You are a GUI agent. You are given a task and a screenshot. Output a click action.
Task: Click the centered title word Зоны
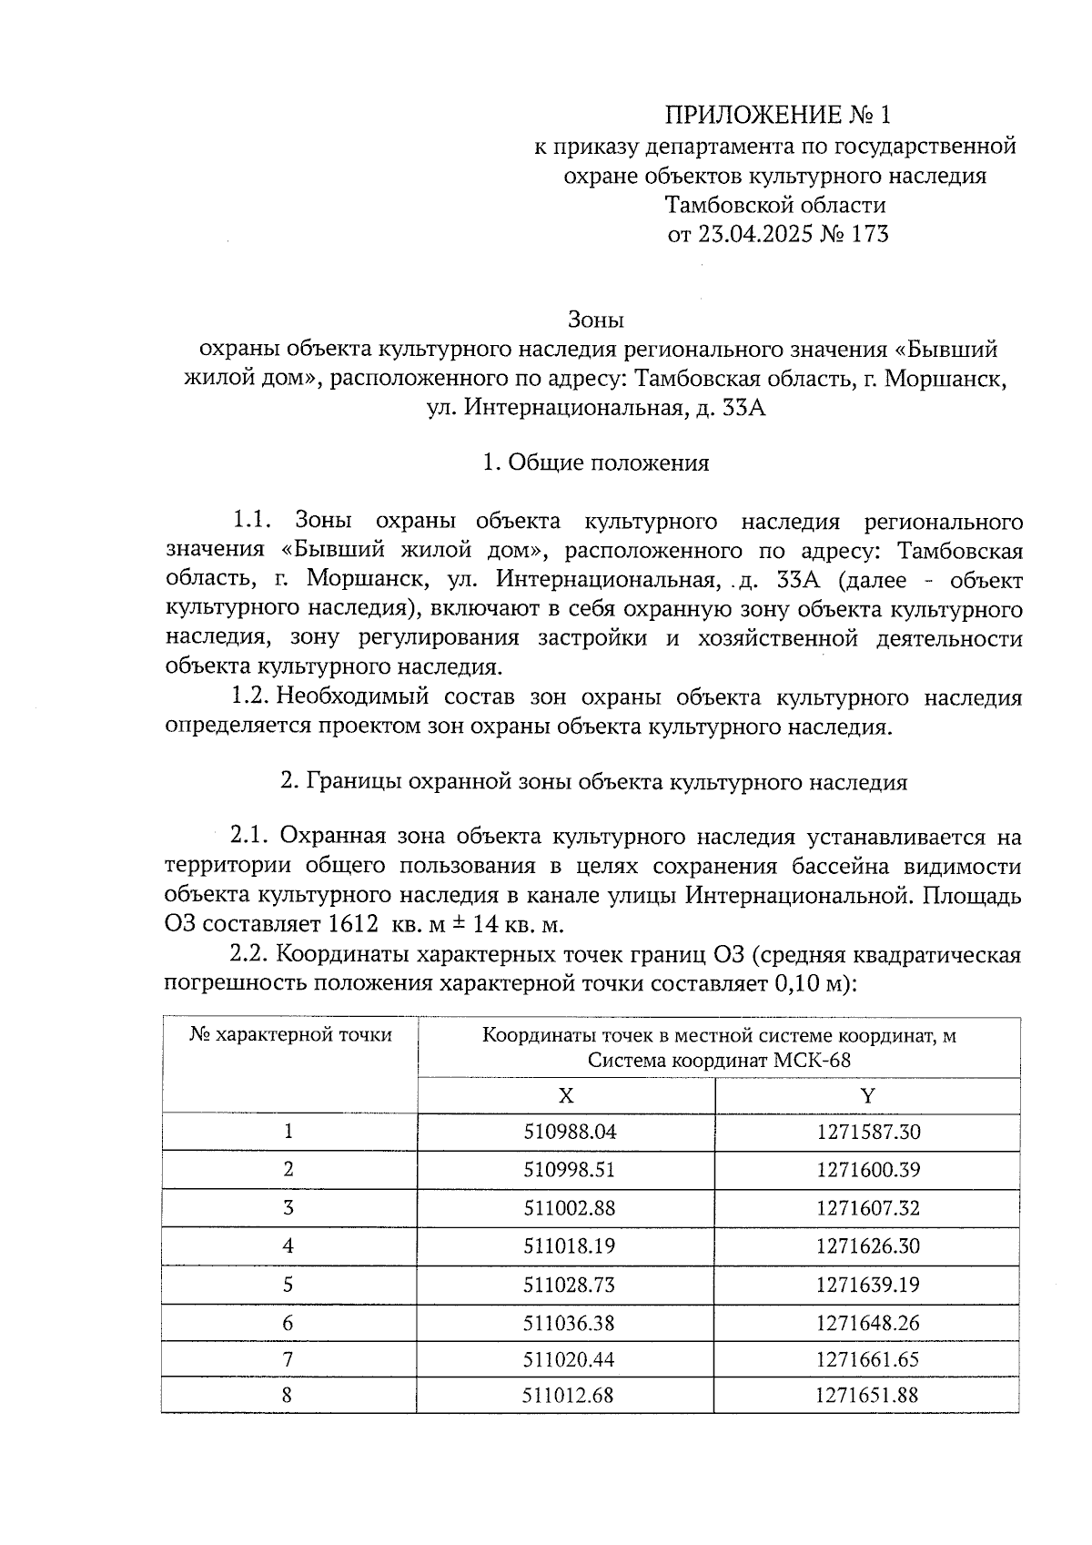(595, 320)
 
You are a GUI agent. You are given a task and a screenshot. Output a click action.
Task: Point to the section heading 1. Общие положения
(595, 463)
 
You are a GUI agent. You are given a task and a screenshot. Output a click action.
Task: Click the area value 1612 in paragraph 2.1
(353, 925)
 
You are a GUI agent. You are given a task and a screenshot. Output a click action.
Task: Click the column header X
(566, 1095)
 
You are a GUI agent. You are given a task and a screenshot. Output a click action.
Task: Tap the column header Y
(867, 1095)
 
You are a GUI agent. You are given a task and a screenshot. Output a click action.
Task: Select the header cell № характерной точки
(290, 1035)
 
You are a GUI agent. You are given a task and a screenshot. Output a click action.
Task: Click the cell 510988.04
(570, 1133)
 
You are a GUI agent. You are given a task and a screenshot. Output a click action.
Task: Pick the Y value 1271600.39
(868, 1170)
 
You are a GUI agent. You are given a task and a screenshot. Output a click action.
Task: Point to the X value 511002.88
(570, 1208)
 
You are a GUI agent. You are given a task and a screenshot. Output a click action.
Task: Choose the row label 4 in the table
(288, 1246)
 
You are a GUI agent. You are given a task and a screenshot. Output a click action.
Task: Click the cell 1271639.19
(868, 1285)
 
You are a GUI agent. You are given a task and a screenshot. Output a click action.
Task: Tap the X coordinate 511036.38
(570, 1322)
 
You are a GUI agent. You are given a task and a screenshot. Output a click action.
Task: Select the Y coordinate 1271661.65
(868, 1360)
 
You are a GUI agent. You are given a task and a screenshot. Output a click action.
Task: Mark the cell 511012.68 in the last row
(570, 1395)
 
